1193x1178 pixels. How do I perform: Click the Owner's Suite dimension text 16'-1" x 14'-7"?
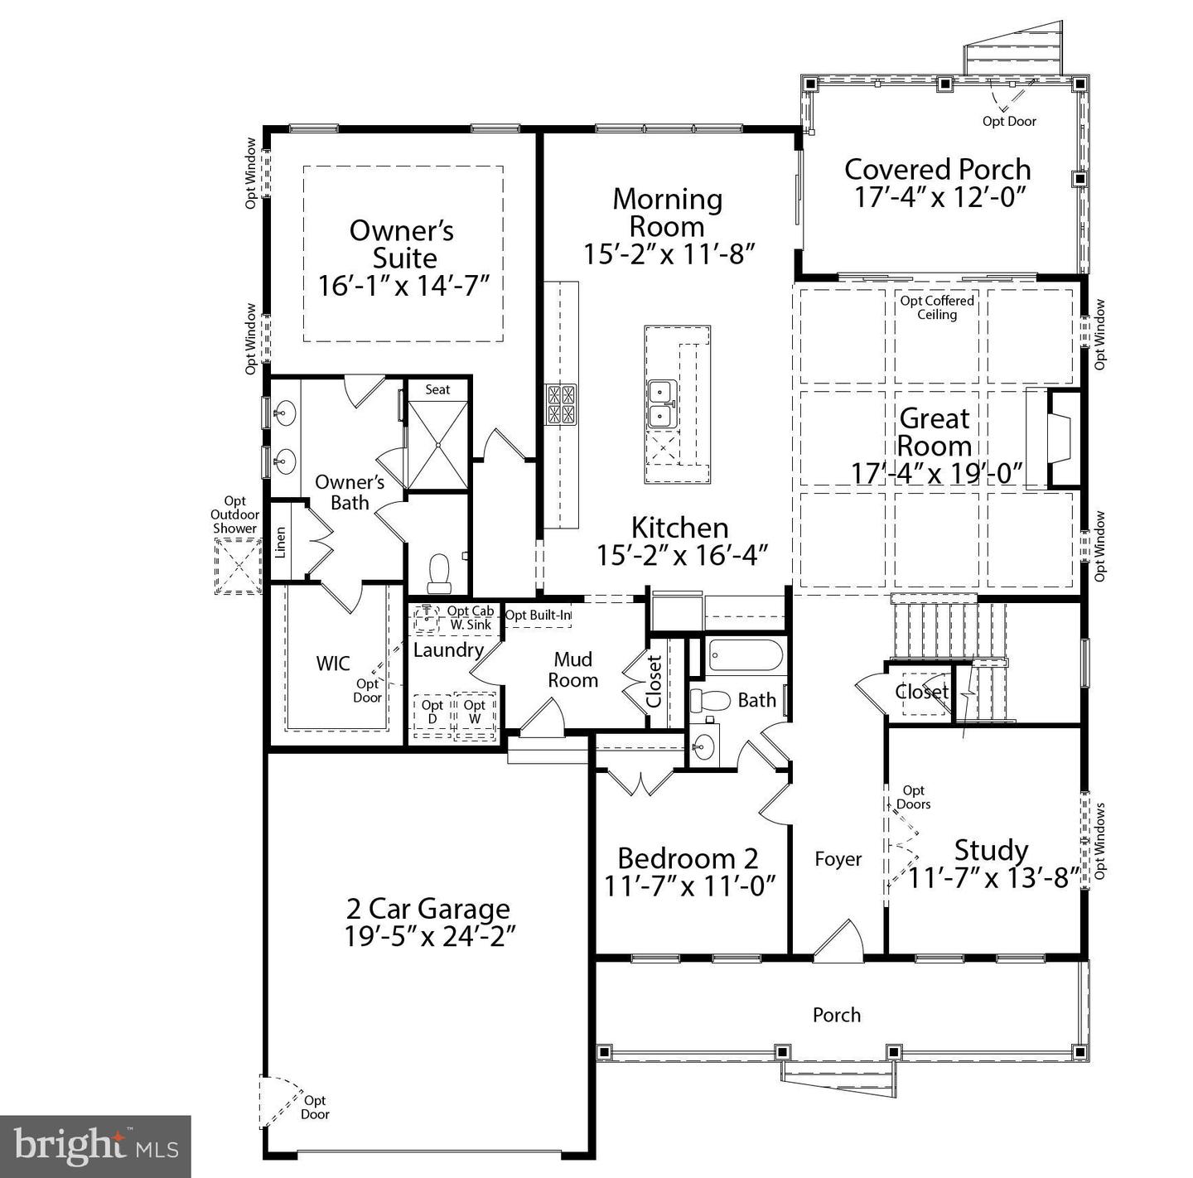click(x=403, y=286)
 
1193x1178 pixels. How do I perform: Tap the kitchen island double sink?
click(x=660, y=403)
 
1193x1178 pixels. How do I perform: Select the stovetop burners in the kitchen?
click(x=561, y=404)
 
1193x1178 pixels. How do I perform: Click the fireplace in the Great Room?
click(x=1058, y=438)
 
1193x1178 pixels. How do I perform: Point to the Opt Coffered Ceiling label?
click(x=937, y=307)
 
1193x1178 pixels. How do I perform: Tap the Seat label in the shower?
click(x=437, y=389)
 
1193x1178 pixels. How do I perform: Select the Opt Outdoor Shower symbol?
click(x=238, y=566)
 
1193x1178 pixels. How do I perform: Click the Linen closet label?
click(x=280, y=542)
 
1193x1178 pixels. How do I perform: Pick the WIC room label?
click(x=333, y=664)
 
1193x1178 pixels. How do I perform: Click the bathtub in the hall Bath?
click(x=745, y=656)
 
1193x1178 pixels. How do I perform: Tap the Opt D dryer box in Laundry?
click(x=432, y=712)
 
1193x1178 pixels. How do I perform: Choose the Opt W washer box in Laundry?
click(x=475, y=712)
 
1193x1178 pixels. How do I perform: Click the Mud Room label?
click(x=572, y=669)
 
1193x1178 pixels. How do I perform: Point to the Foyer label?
click(x=838, y=859)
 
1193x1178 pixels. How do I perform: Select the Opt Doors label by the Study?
click(x=913, y=797)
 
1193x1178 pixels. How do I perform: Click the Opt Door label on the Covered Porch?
click(x=1009, y=121)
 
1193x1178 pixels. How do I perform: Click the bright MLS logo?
click(x=95, y=1146)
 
